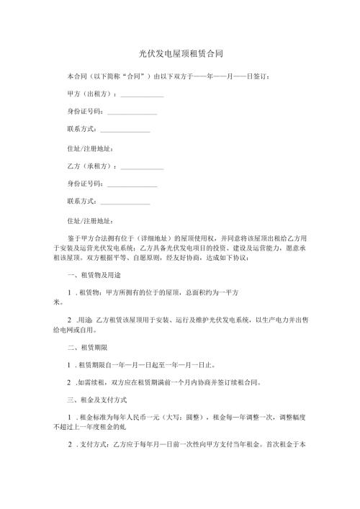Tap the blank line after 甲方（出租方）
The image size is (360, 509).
click(142, 95)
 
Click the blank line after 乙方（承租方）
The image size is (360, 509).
click(142, 168)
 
